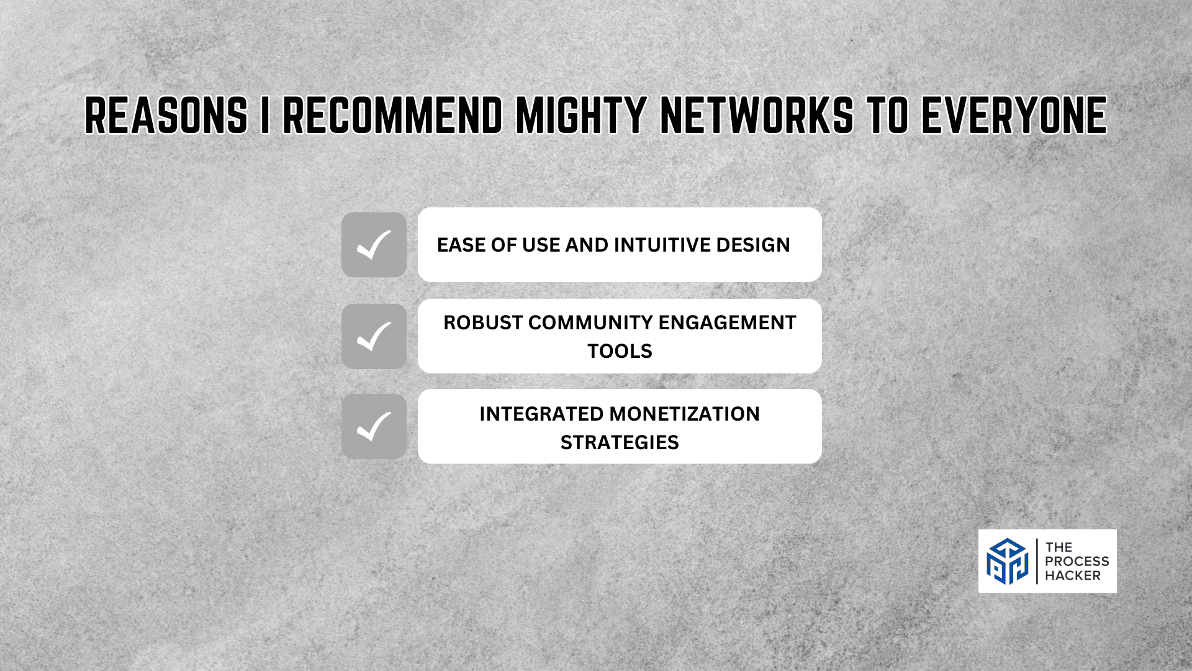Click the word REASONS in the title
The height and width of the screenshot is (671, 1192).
[x=166, y=116]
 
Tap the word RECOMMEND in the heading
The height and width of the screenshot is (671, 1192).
[x=393, y=116]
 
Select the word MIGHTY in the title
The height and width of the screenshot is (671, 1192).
[x=582, y=116]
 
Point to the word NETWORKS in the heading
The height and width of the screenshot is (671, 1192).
[x=757, y=116]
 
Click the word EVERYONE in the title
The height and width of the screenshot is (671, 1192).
[x=1014, y=116]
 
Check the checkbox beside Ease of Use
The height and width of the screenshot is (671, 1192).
[x=374, y=245]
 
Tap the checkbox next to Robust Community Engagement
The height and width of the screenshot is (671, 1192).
[x=374, y=336]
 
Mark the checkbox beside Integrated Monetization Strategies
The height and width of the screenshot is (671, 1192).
[x=374, y=426]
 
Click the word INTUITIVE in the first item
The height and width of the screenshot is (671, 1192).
[x=662, y=245]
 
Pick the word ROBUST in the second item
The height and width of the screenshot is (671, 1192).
[x=483, y=322]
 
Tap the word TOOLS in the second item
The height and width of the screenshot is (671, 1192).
[x=620, y=351]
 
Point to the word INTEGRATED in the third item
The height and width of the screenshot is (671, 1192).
[x=541, y=414]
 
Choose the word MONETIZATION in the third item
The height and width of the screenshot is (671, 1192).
[x=685, y=414]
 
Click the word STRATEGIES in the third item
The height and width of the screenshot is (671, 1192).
[x=620, y=442]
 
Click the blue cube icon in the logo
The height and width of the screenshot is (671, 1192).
[x=1007, y=561]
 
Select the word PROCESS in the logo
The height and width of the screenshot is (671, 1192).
[x=1077, y=561]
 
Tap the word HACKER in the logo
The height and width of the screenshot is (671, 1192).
[x=1073, y=575]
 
